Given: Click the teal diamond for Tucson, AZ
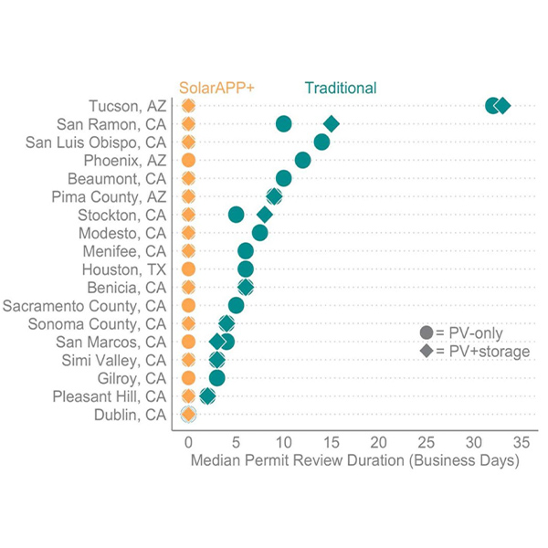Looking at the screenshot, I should point(502,106).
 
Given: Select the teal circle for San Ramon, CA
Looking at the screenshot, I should point(283,124).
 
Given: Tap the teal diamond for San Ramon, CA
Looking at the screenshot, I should point(331,124).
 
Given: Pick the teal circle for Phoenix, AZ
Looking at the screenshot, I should point(302,161).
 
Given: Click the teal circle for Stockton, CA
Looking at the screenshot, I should point(236,215).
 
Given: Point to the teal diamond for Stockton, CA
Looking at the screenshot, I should point(264,215).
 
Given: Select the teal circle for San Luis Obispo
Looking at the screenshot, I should point(321,142).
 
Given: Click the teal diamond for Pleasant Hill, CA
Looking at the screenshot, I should point(207,396).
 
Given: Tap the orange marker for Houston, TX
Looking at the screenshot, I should point(188,269).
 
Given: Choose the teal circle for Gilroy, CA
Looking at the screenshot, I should point(216,378).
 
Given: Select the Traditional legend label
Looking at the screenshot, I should point(340,88).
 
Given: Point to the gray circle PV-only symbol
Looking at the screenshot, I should point(426,333).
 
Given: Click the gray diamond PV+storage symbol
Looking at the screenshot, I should point(426,352).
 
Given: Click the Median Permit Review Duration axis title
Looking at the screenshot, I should point(354,461).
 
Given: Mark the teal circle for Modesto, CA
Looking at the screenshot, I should point(259,233).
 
